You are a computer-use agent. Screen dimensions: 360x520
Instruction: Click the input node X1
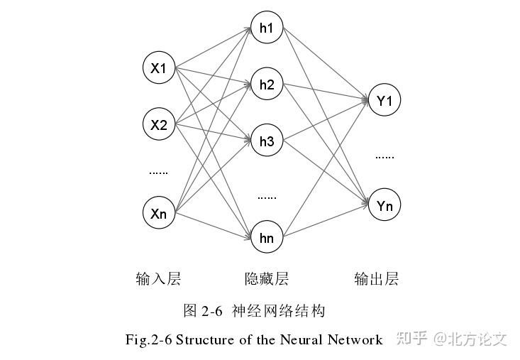(159, 68)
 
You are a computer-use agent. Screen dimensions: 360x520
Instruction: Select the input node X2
(159, 126)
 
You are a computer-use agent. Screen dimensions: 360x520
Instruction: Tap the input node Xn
(159, 213)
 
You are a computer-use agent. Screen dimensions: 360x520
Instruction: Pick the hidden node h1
(267, 29)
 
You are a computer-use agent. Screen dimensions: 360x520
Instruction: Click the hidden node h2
(267, 85)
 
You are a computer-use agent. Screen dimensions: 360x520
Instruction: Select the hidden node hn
(267, 237)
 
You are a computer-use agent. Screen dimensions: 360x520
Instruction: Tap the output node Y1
(385, 102)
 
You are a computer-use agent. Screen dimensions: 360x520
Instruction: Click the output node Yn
(385, 206)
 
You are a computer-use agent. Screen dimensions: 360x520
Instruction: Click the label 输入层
(158, 278)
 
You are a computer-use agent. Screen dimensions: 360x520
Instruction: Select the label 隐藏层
(267, 278)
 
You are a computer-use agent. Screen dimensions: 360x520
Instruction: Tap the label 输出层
(377, 278)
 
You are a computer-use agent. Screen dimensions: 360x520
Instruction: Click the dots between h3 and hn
(267, 197)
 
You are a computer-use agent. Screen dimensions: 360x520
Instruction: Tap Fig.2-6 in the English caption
(148, 339)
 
